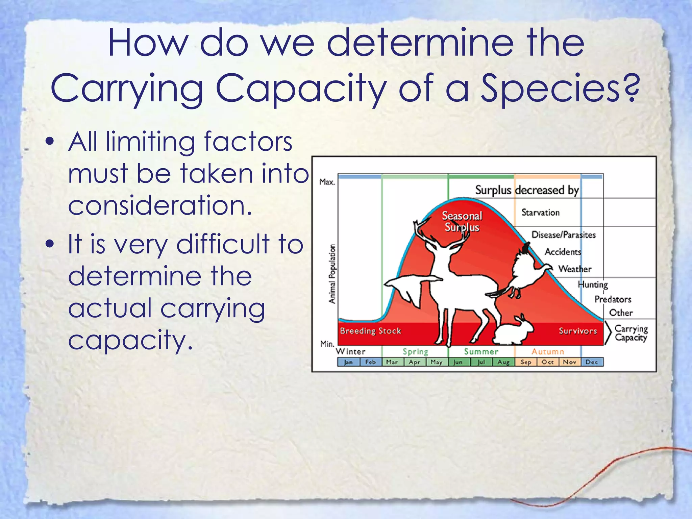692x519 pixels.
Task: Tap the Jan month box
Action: click(348, 362)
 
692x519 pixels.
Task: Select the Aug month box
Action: click(503, 362)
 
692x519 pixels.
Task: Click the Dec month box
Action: click(592, 362)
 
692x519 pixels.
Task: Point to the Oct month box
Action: click(548, 362)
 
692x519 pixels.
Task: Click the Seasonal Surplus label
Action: click(462, 221)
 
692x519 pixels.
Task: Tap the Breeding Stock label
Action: click(370, 331)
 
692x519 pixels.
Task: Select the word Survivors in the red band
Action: click(577, 331)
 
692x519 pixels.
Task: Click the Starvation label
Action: click(540, 213)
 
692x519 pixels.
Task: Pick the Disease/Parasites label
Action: click(563, 235)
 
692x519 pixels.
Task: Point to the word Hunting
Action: click(593, 285)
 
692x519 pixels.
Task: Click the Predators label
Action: click(613, 299)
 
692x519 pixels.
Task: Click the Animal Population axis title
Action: click(332, 274)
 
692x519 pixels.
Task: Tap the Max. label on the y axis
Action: click(327, 182)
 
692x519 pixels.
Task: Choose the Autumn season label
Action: click(547, 352)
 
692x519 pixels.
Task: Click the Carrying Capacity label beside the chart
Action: click(631, 333)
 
